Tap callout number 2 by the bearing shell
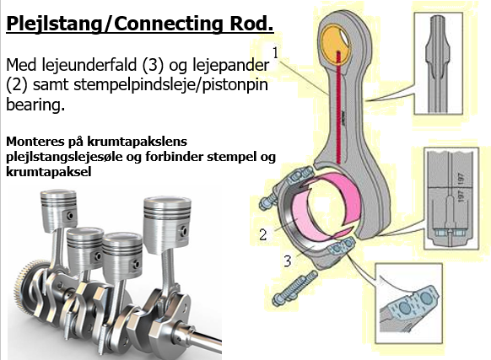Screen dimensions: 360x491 click(263, 233)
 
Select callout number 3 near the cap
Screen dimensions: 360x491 click(289, 261)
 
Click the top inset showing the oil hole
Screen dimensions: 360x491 click(456, 67)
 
